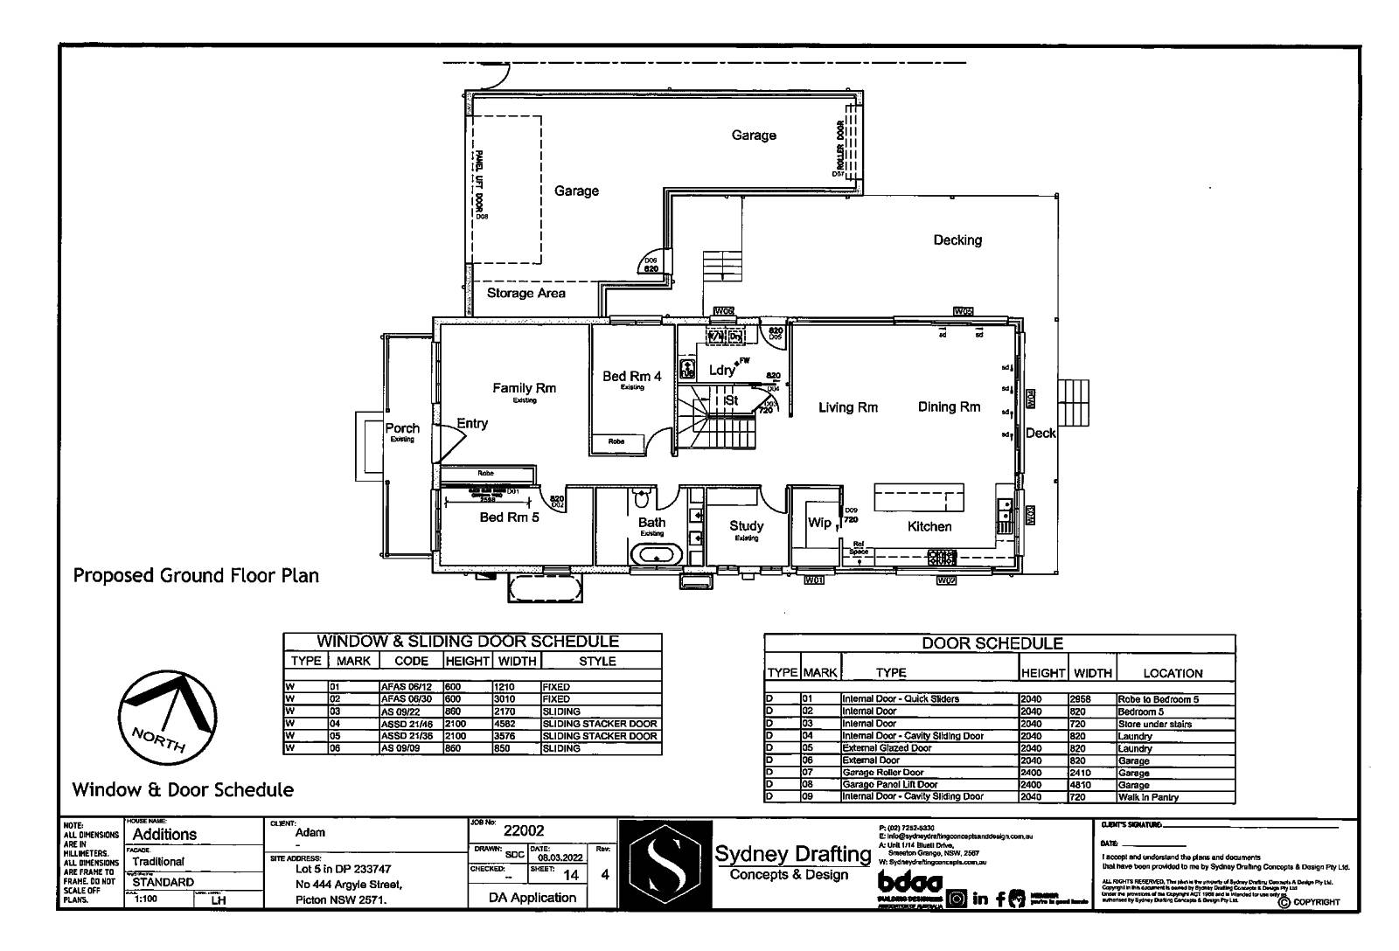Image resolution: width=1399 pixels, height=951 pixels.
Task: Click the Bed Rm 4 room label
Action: (631, 377)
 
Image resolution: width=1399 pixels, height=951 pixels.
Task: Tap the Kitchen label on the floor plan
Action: (929, 526)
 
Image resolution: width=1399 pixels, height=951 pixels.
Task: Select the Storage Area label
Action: (525, 293)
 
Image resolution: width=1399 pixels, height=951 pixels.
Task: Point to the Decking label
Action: (957, 239)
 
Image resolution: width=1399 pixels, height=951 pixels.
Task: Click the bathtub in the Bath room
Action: (657, 554)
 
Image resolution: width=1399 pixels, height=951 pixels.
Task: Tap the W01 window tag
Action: (814, 580)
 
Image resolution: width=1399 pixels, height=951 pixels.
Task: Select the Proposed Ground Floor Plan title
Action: (196, 575)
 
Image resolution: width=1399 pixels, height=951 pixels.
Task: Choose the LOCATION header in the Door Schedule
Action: (1173, 673)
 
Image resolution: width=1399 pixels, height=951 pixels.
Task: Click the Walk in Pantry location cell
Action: (1148, 797)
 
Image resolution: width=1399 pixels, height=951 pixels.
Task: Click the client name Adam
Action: (310, 833)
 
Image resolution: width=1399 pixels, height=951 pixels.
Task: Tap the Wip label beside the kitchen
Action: (819, 523)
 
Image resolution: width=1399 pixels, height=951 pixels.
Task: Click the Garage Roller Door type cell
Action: (882, 773)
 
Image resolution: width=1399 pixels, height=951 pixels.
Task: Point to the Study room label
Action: (746, 526)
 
